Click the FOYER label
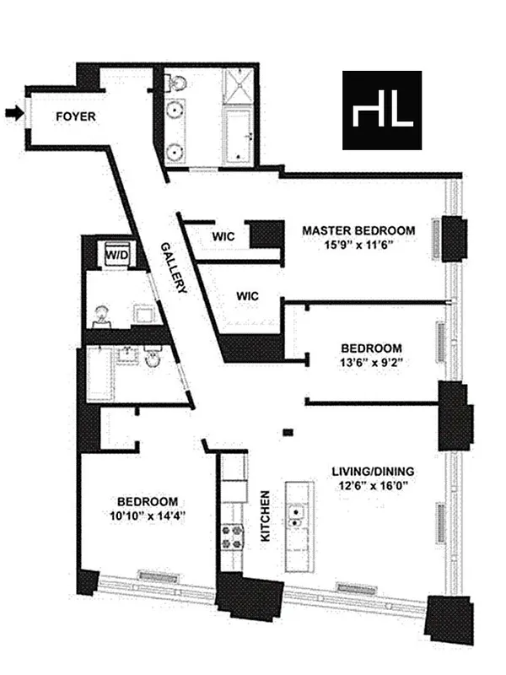76,117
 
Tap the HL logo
382,111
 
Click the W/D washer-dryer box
114,252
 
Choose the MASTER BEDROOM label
358,230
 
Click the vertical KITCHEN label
265,516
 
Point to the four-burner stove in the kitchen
232,535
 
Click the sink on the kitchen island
297,516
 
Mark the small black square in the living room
288,433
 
